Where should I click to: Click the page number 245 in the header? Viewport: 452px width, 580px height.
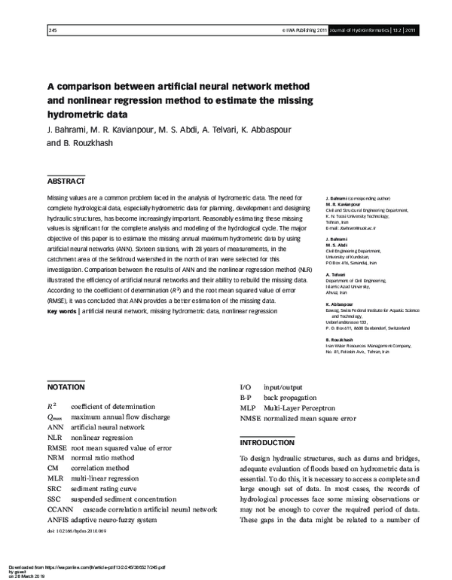pos(52,31)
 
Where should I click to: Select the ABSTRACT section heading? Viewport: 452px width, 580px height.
pos(66,182)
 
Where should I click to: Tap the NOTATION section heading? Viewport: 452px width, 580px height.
pos(66,386)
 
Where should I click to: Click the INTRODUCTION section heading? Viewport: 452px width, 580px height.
pos(267,443)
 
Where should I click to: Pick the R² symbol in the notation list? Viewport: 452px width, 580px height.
pos(52,405)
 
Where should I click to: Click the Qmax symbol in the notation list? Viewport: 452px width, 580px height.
pos(54,416)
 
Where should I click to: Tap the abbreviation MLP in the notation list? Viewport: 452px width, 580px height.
pos(249,407)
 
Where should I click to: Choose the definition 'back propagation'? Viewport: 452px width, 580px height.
pos(290,396)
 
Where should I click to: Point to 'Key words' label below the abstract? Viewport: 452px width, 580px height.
pos(61,311)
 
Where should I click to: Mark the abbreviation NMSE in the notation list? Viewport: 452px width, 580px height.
pos(250,417)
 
